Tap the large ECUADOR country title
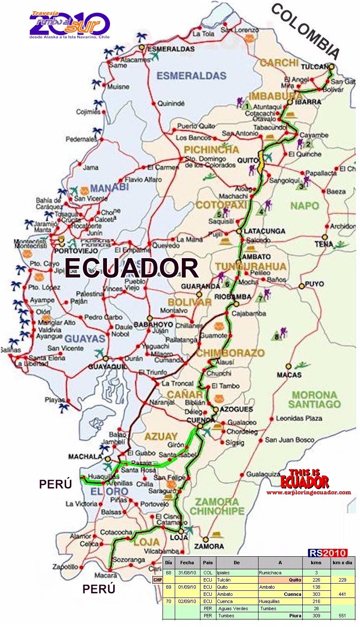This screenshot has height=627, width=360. tap(131, 267)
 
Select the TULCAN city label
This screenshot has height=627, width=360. tap(314, 67)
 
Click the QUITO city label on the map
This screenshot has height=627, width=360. tap(247, 160)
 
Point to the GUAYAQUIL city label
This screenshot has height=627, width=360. tap(107, 367)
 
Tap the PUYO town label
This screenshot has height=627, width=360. tap(315, 284)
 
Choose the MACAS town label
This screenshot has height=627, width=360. tap(289, 375)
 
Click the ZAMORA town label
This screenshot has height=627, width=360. tap(209, 546)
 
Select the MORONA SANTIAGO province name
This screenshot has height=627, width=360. tap(314, 400)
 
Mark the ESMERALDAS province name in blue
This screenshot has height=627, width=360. tap(192, 76)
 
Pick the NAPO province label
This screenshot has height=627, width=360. tap(304, 206)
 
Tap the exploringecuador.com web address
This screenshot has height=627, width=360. tap(309, 492)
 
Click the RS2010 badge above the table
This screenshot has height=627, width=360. tap(327, 553)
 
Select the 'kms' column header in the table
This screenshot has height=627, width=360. tap(316, 563)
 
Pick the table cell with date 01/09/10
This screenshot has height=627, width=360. tap(187, 587)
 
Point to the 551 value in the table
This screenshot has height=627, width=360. tap(342, 616)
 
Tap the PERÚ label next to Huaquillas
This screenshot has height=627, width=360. tap(55, 484)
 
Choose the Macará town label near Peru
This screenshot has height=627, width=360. tap(106, 575)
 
